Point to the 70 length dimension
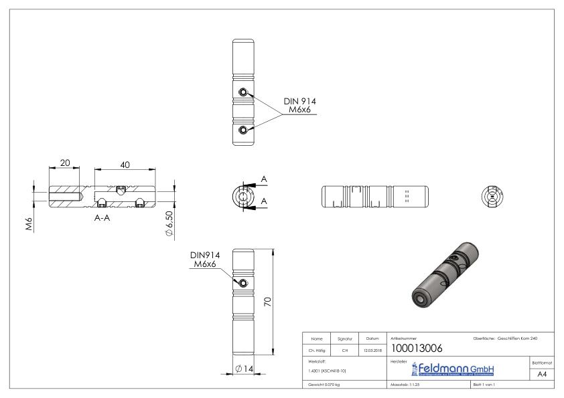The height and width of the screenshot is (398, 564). [267, 302]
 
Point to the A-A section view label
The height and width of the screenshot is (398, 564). [102, 219]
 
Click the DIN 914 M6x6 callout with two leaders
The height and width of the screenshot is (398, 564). [299, 105]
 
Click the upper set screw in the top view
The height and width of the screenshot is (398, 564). [243, 93]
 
